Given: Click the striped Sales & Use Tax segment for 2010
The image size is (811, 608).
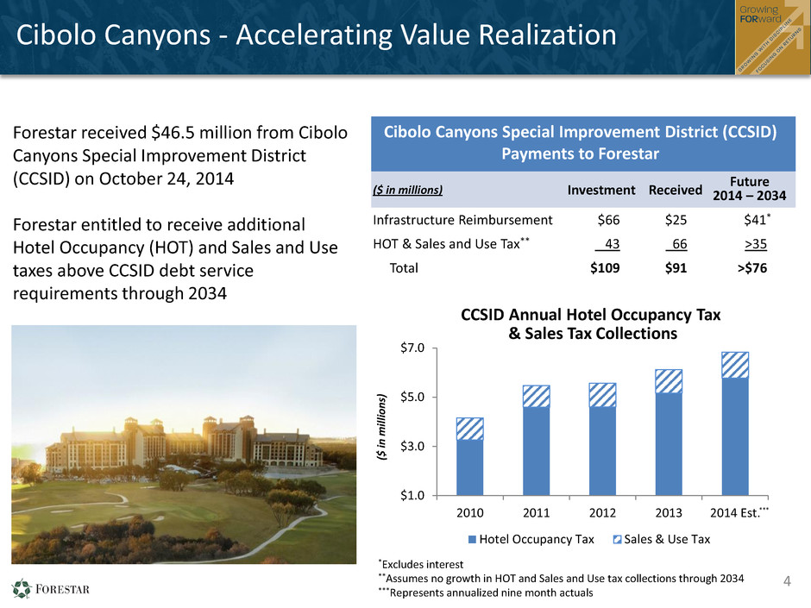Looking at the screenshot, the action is point(469,429).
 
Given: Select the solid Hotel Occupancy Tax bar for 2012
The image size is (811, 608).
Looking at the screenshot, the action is point(602,451).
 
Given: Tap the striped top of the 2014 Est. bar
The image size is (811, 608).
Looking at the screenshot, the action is point(735,365).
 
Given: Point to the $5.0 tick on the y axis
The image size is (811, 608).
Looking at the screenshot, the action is point(412,397).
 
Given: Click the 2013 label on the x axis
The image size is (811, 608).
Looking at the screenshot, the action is point(669,513).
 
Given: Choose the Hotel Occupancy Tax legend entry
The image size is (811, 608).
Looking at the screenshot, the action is point(531,539).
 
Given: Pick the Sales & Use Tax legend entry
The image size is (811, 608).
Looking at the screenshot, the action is point(662,539).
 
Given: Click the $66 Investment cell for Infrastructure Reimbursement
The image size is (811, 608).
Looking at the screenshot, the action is point(608,220).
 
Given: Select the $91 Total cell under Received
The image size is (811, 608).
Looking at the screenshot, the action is point(676,268).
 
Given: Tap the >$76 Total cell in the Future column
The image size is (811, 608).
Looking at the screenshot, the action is point(752,268).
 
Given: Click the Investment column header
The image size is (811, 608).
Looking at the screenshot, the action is point(601,191).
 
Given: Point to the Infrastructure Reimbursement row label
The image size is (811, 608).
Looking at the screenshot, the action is point(462,220).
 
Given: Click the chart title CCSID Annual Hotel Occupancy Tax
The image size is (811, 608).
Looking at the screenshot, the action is point(591,315).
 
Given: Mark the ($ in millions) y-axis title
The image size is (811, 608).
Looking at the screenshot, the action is point(381,427).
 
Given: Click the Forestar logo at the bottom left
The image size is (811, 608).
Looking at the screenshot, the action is point(51,589).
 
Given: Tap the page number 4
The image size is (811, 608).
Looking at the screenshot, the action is point(787,581).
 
